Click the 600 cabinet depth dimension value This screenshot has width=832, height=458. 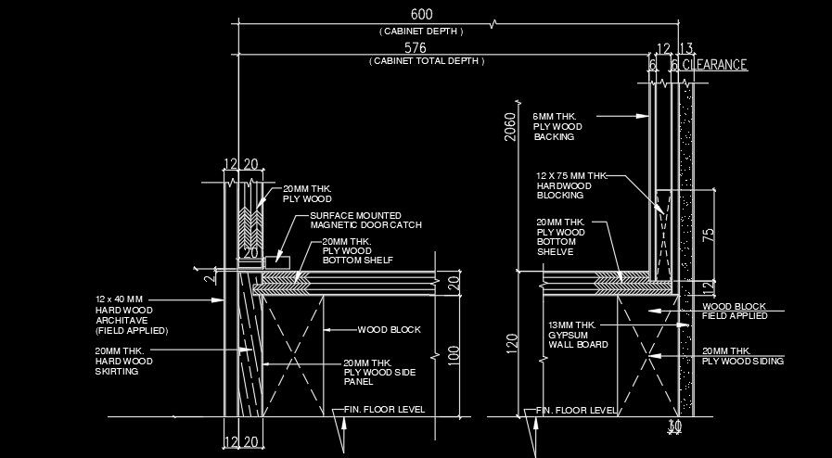[x=421, y=15]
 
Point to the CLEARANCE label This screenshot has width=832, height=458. [x=715, y=65]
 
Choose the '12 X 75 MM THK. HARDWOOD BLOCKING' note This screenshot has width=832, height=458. [x=570, y=185]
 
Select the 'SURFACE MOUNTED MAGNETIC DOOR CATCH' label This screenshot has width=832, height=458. [x=365, y=221]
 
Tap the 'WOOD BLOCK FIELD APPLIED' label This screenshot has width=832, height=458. [x=734, y=311]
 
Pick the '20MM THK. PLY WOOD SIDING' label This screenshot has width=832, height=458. [x=743, y=356]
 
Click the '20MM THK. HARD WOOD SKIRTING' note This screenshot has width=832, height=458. [x=123, y=361]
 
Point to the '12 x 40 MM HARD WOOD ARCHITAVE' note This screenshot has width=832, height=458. [x=131, y=314]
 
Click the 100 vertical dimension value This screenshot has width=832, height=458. [x=454, y=354]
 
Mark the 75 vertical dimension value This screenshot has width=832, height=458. [x=708, y=235]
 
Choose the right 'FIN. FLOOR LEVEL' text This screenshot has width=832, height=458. [x=576, y=409]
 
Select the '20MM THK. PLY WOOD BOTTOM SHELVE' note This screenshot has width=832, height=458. [x=561, y=236]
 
